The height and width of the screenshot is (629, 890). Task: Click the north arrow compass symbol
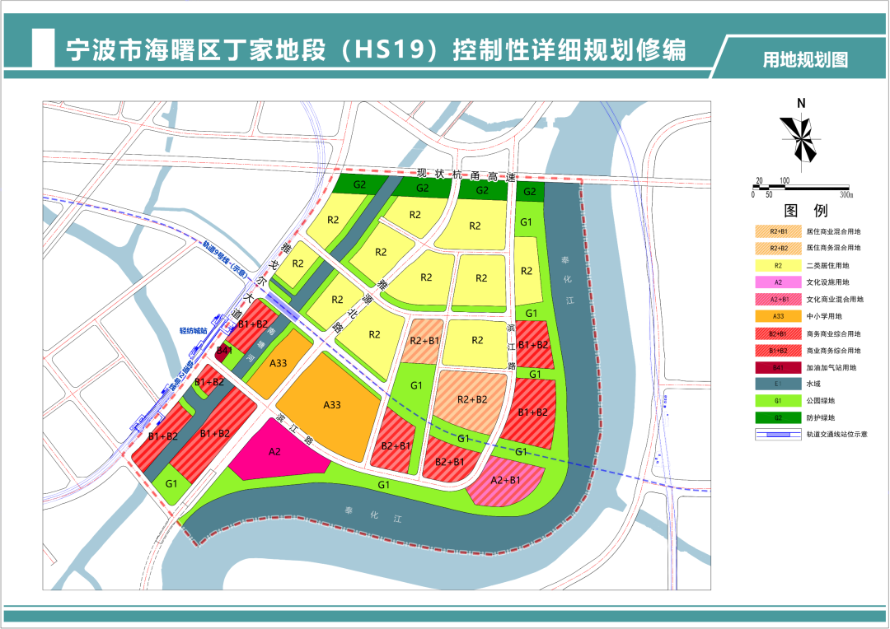coord(801,138)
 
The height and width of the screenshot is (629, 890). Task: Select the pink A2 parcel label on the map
coord(275,451)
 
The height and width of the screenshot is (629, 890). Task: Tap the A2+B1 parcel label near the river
coord(505,480)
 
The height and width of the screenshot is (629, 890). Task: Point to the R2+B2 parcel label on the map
coord(472,399)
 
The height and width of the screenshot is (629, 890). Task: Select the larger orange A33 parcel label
coord(331,404)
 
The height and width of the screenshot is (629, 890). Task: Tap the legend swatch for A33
coord(778,316)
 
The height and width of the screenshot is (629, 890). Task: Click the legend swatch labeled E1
coord(778,384)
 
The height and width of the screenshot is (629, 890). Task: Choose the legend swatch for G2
coord(778,417)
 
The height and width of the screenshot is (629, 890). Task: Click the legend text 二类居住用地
coord(834,265)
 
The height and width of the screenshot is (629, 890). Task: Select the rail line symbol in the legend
coord(778,435)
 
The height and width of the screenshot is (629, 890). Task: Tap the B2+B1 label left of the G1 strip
coord(396,445)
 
